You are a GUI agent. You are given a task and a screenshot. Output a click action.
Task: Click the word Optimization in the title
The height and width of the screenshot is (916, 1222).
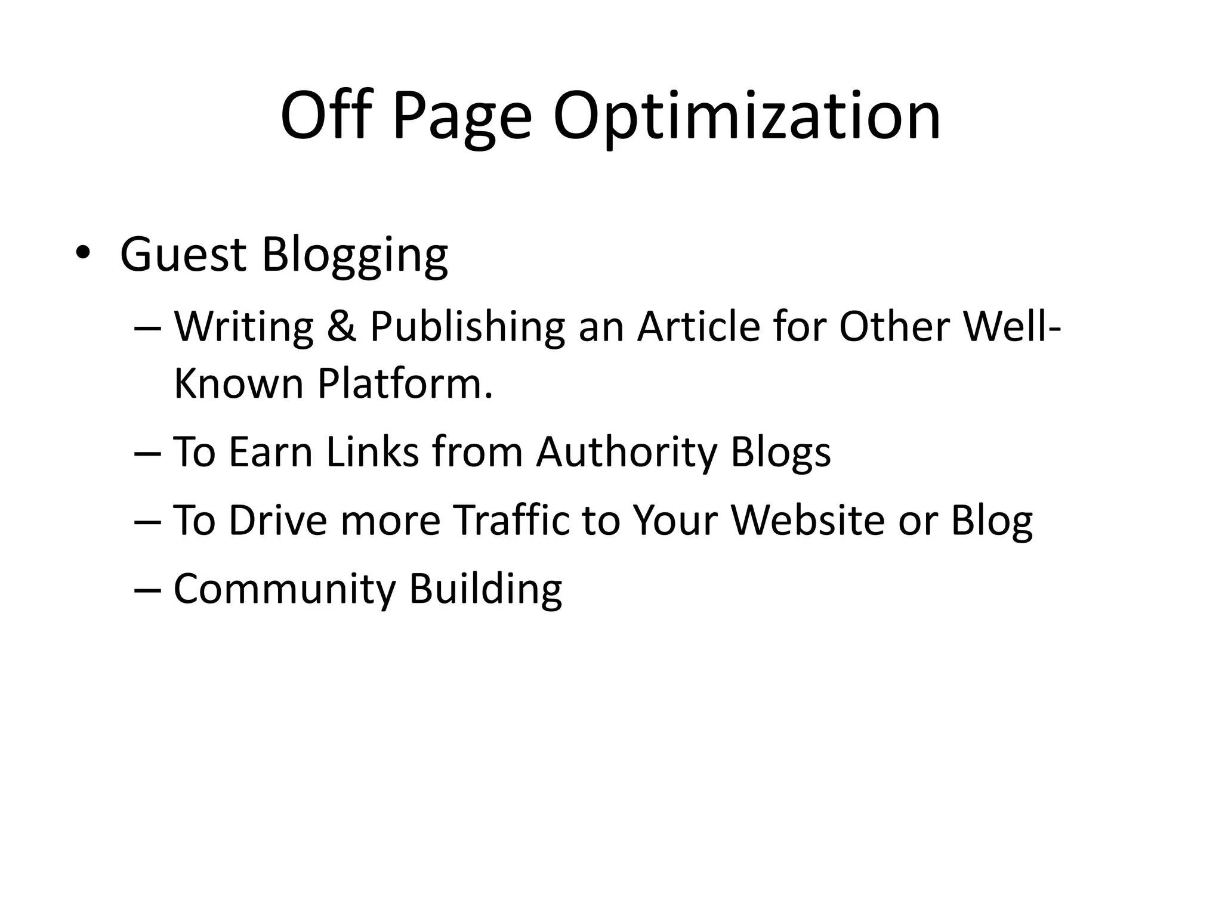(746, 116)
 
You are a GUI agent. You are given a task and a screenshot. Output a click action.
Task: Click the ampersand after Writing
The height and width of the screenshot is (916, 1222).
(341, 327)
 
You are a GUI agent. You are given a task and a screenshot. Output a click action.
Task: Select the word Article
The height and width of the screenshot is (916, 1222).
(698, 327)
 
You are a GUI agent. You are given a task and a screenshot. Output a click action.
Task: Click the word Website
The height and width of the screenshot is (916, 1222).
(808, 519)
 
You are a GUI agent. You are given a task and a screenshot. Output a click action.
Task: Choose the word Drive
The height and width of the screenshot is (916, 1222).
(277, 519)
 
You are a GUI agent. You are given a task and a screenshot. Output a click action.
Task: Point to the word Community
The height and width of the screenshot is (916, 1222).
(285, 589)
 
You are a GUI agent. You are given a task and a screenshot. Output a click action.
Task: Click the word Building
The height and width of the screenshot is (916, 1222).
(485, 589)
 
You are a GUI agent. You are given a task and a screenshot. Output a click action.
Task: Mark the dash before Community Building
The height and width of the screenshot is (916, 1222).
(147, 589)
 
